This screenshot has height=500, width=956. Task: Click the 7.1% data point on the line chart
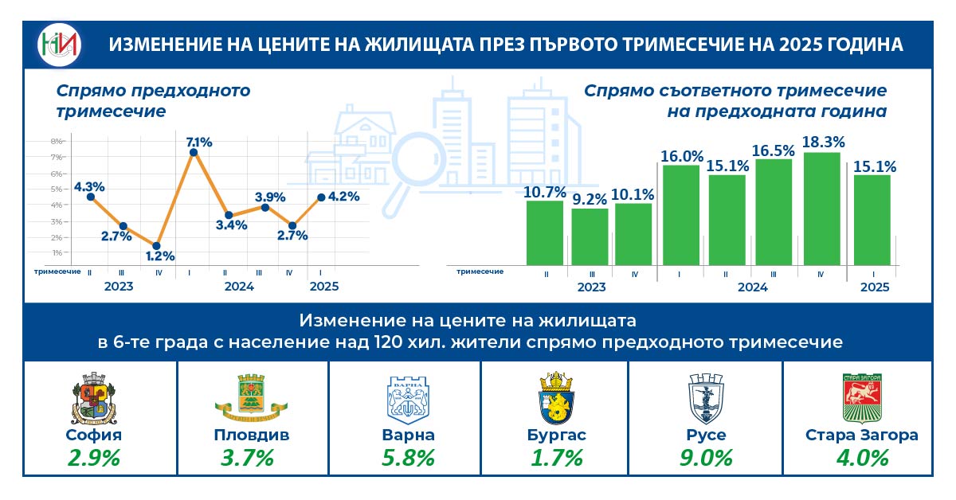[193, 152]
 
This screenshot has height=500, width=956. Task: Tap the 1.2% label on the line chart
[159, 256]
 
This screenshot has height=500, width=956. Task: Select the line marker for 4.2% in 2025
[321, 197]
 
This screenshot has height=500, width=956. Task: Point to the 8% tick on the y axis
[57, 142]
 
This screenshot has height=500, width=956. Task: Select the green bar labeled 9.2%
[590, 236]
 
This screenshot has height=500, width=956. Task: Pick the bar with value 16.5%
[773, 212]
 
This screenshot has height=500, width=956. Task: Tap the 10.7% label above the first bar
[545, 191]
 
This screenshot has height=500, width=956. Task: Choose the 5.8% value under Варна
[408, 459]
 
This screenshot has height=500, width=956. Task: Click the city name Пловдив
[252, 436]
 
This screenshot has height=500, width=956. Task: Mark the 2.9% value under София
[94, 459]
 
